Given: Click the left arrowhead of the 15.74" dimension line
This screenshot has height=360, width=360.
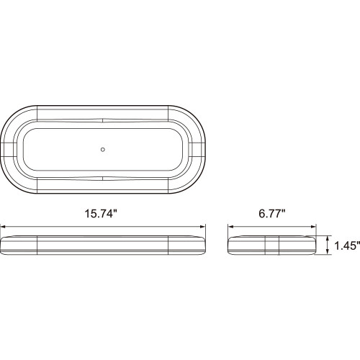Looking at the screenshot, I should [5, 225].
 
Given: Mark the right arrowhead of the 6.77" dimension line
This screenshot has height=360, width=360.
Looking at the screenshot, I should [316, 225].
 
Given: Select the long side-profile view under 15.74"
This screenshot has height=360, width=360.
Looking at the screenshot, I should [105, 245].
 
